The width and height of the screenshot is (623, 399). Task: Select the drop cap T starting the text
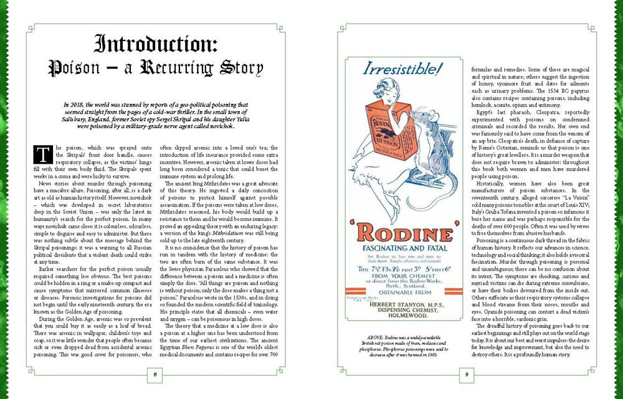pos(44,154)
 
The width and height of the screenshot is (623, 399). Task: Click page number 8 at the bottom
pos(155,374)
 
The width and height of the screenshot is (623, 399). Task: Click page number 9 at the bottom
pos(467,374)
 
